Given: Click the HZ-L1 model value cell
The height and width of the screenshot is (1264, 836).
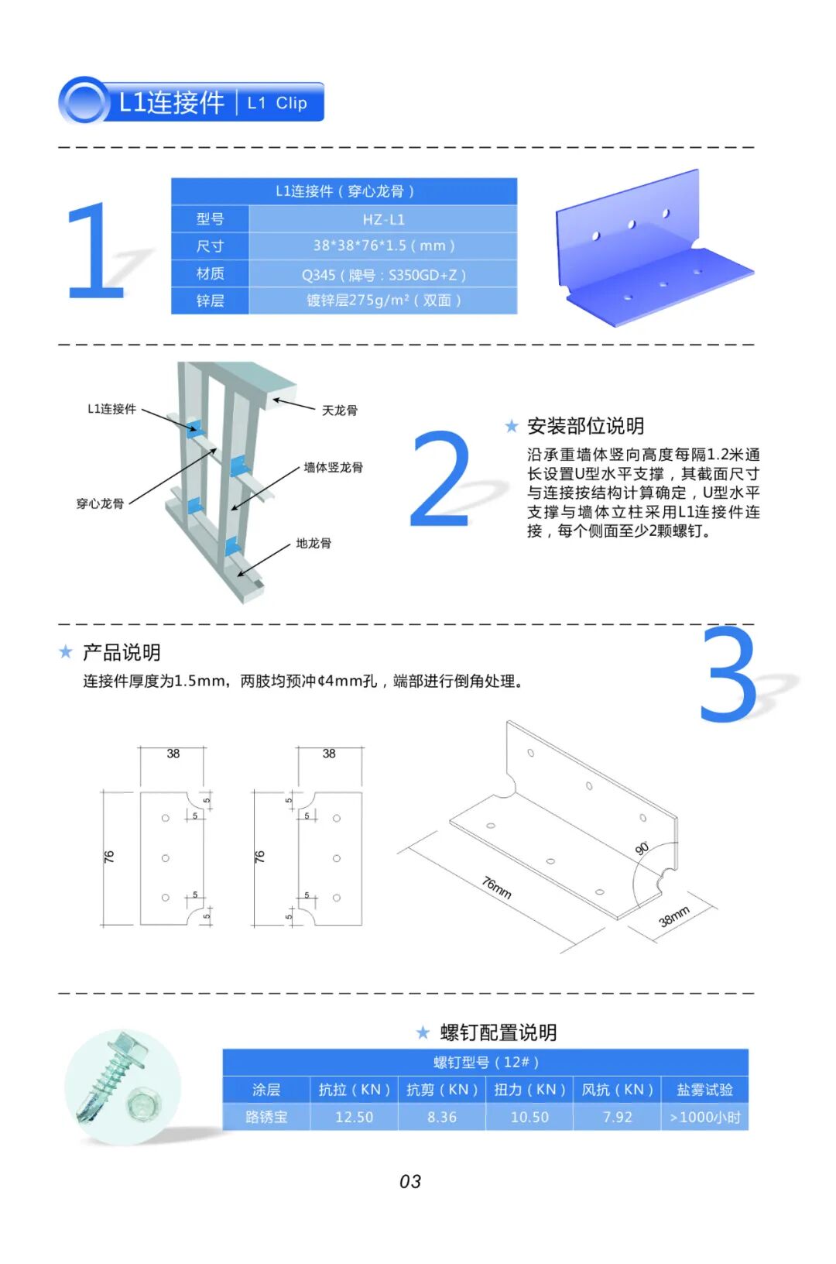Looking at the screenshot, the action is click(383, 219).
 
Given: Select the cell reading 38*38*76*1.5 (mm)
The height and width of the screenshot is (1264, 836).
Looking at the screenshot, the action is click(383, 246).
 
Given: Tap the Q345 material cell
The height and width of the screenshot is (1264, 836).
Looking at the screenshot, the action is click(383, 274).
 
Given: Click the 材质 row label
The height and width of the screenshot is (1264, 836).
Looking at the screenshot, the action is click(210, 273).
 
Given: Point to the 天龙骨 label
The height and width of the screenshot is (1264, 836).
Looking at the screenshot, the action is click(340, 410).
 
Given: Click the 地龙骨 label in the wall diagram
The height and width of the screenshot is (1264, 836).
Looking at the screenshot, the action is click(313, 544).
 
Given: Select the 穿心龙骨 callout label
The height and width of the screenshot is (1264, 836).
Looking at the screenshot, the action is click(100, 503).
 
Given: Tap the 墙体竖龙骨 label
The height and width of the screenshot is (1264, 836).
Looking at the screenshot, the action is click(334, 467).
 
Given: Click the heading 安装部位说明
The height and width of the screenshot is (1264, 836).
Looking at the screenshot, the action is click(585, 426).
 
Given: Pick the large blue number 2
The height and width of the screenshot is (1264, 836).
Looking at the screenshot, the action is click(440, 479).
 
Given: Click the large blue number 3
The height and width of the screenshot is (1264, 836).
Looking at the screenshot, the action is click(729, 675).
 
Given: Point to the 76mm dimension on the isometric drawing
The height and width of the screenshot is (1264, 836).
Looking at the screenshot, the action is click(497, 888).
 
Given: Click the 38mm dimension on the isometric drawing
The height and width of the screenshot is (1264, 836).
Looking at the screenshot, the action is click(675, 917).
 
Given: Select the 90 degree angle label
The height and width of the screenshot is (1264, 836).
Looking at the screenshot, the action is click(642, 848).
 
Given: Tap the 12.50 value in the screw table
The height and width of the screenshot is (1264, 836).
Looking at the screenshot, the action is click(355, 1117).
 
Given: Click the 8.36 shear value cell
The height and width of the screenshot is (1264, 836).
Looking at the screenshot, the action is click(442, 1117).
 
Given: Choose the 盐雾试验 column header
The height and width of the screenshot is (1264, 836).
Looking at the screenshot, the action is click(704, 1089).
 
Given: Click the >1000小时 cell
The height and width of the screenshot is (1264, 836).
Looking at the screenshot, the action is click(704, 1117).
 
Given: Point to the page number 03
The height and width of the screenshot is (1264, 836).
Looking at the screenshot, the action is click(410, 1181).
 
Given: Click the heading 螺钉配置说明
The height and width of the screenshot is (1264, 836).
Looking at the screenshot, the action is click(499, 1032).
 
